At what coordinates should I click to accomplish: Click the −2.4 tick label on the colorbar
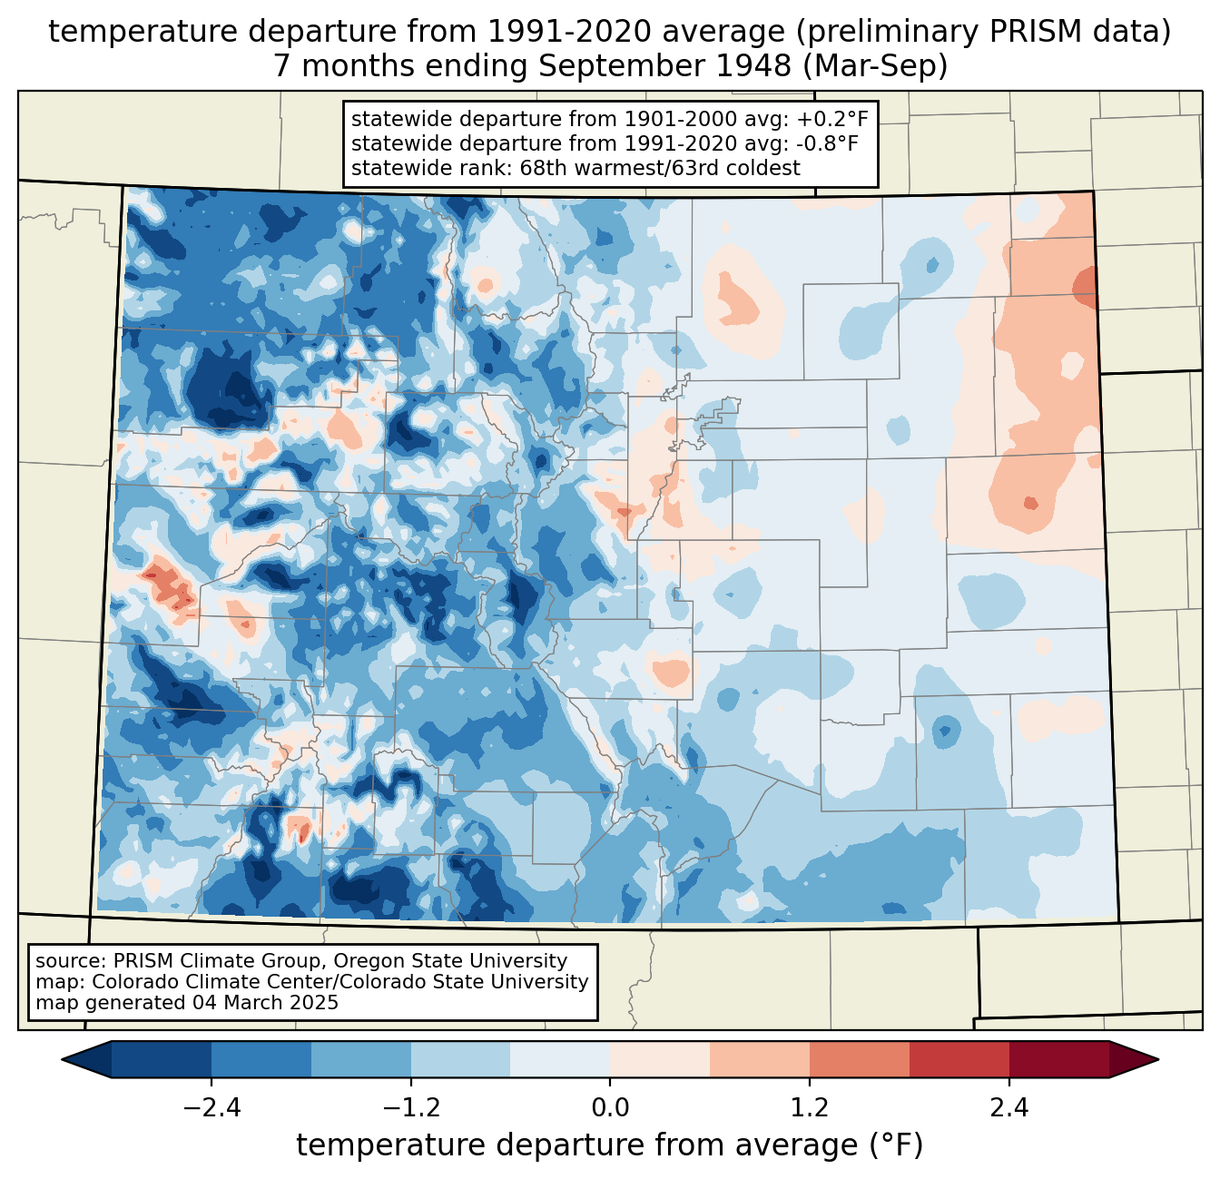pos(211,1108)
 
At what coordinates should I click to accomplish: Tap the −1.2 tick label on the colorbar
pos(410,1108)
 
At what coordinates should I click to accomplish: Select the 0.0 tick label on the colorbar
pos(610,1108)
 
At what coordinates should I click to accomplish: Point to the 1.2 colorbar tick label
pos(810,1108)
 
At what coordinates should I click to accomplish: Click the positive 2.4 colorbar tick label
pos(1008,1108)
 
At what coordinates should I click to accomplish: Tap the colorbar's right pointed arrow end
pos(1134,1059)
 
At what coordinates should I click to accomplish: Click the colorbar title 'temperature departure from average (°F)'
pos(610,1145)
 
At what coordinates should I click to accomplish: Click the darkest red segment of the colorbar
pos(1058,1059)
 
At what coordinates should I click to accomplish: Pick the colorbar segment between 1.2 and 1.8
pos(859,1059)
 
